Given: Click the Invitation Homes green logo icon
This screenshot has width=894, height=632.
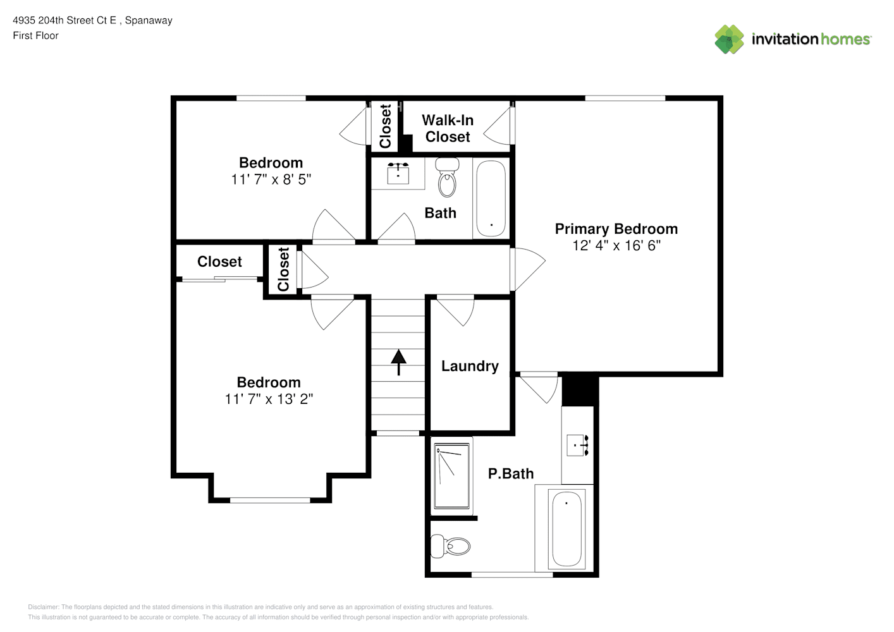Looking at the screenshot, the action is point(729,39).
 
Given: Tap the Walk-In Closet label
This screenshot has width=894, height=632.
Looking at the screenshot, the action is point(448,128).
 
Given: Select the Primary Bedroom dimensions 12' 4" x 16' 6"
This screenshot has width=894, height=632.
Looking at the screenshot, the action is point(616,245).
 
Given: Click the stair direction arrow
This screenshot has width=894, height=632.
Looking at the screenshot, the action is point(398,362).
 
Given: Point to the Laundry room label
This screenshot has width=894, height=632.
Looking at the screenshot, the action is point(470,366).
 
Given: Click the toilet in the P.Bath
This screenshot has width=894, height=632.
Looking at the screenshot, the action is point(451,546).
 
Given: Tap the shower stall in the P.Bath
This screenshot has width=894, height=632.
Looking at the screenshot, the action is point(452,476).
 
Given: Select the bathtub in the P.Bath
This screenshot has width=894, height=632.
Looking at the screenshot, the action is point(566,528).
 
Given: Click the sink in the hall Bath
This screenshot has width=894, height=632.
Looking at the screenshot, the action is point(398,173).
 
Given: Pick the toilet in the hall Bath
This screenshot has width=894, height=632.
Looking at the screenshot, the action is point(447,177).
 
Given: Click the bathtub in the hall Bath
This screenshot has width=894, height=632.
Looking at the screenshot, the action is point(491,198).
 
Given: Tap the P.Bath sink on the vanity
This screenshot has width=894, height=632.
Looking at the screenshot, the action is point(577,445).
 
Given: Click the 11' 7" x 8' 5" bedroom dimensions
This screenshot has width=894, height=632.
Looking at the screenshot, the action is point(271,179).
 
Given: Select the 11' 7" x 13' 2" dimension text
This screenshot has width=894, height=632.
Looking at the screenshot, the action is point(269,399).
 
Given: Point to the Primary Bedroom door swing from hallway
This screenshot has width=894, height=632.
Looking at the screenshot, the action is point(528,269).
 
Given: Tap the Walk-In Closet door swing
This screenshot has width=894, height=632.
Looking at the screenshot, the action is point(498,126).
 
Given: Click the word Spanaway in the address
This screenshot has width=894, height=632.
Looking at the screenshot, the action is point(149,21).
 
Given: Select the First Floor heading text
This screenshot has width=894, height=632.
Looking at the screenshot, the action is point(35,35).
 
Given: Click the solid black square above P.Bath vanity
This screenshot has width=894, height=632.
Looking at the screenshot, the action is point(580,390).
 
